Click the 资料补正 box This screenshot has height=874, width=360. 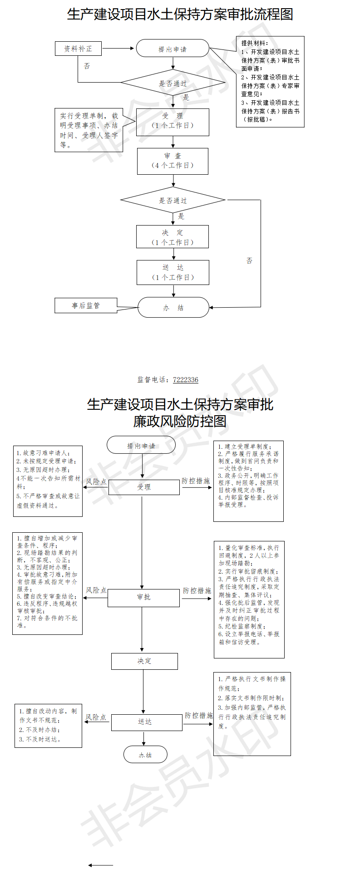(x=78, y=48)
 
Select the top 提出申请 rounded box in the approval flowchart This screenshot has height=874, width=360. (x=173, y=48)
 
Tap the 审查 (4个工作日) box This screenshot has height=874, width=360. (x=173, y=161)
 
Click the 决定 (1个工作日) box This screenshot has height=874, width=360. (x=173, y=236)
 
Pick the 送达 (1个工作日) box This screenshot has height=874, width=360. (x=173, y=272)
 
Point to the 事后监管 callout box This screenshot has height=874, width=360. (x=86, y=305)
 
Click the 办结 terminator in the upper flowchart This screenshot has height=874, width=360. (x=173, y=307)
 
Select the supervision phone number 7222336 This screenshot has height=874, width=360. (x=186, y=380)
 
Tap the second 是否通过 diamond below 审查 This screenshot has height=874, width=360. (x=173, y=200)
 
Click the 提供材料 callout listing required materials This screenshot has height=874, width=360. (x=270, y=82)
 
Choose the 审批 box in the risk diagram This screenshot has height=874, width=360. (x=143, y=597)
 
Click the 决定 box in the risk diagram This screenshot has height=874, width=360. (x=144, y=661)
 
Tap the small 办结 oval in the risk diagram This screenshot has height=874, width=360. (x=145, y=755)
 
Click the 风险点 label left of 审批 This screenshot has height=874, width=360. (x=96, y=590)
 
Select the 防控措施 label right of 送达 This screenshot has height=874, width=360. (x=198, y=715)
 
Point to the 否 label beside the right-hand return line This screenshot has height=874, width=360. (x=249, y=260)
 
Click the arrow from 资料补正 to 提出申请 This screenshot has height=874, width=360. (x=118, y=48)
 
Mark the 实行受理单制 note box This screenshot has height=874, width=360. (x=89, y=131)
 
